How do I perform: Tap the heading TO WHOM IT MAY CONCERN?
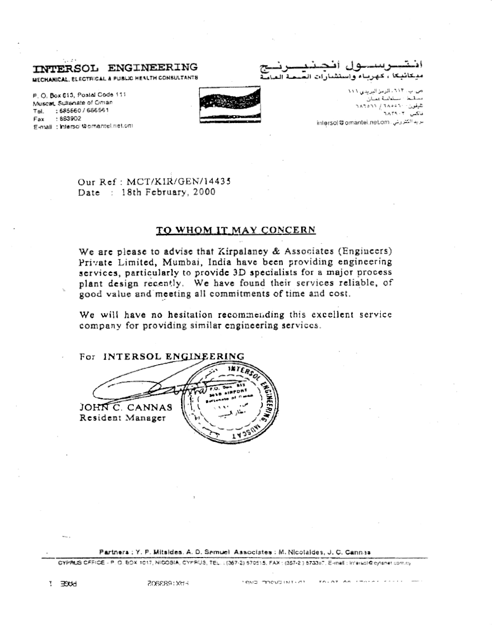(x=236, y=230)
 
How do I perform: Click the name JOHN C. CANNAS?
(x=126, y=408)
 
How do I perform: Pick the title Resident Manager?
(x=123, y=418)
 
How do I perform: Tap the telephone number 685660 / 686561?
(x=84, y=111)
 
